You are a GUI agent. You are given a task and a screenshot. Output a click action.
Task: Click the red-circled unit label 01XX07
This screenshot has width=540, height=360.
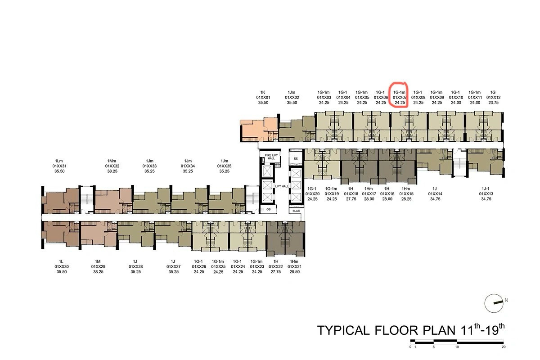point(400,97)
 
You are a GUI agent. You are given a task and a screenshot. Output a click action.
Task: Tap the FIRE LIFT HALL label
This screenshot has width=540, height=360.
point(271,157)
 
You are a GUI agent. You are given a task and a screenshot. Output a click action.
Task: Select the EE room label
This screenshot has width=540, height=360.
point(296,158)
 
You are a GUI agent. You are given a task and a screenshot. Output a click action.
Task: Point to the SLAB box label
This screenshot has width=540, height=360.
point(296,211)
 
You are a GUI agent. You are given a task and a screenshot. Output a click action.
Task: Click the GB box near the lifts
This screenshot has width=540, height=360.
point(268,209)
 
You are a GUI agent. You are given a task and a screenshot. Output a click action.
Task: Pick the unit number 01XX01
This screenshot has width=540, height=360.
point(263,97)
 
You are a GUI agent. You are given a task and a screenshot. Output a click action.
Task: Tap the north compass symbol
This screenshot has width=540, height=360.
point(494,303)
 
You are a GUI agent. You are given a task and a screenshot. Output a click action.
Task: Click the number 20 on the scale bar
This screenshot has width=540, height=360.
point(504,347)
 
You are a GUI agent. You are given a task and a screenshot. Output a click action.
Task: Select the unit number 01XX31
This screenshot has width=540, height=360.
point(59,166)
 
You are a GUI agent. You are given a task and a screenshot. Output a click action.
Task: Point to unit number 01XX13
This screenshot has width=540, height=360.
point(486,193)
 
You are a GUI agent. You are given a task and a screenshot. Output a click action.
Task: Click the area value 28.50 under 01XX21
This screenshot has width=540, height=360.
point(294,271)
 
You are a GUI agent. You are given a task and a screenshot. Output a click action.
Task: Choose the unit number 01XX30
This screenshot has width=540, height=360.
point(62,266)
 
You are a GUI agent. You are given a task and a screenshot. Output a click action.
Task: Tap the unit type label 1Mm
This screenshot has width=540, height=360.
point(112,161)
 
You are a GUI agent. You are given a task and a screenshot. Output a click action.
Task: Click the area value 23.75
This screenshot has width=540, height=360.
point(493,103)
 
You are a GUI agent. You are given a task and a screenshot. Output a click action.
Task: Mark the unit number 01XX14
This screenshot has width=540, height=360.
point(435,193)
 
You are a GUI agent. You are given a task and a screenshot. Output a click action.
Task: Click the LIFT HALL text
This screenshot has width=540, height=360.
point(282,186)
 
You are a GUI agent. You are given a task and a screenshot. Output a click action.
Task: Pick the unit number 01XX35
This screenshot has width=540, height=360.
point(224,166)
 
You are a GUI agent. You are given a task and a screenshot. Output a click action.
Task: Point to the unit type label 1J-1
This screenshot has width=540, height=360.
point(486,189)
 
